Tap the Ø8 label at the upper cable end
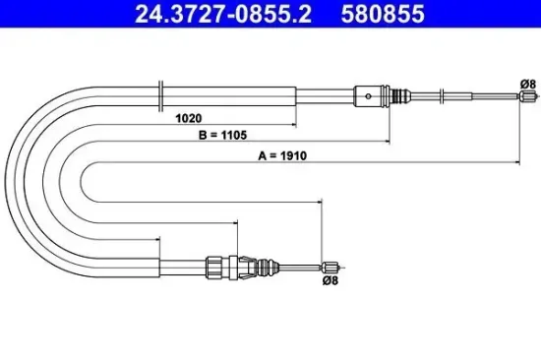coord(526,86)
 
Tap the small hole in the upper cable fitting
coord(366,95)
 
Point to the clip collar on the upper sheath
coord(159,95)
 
